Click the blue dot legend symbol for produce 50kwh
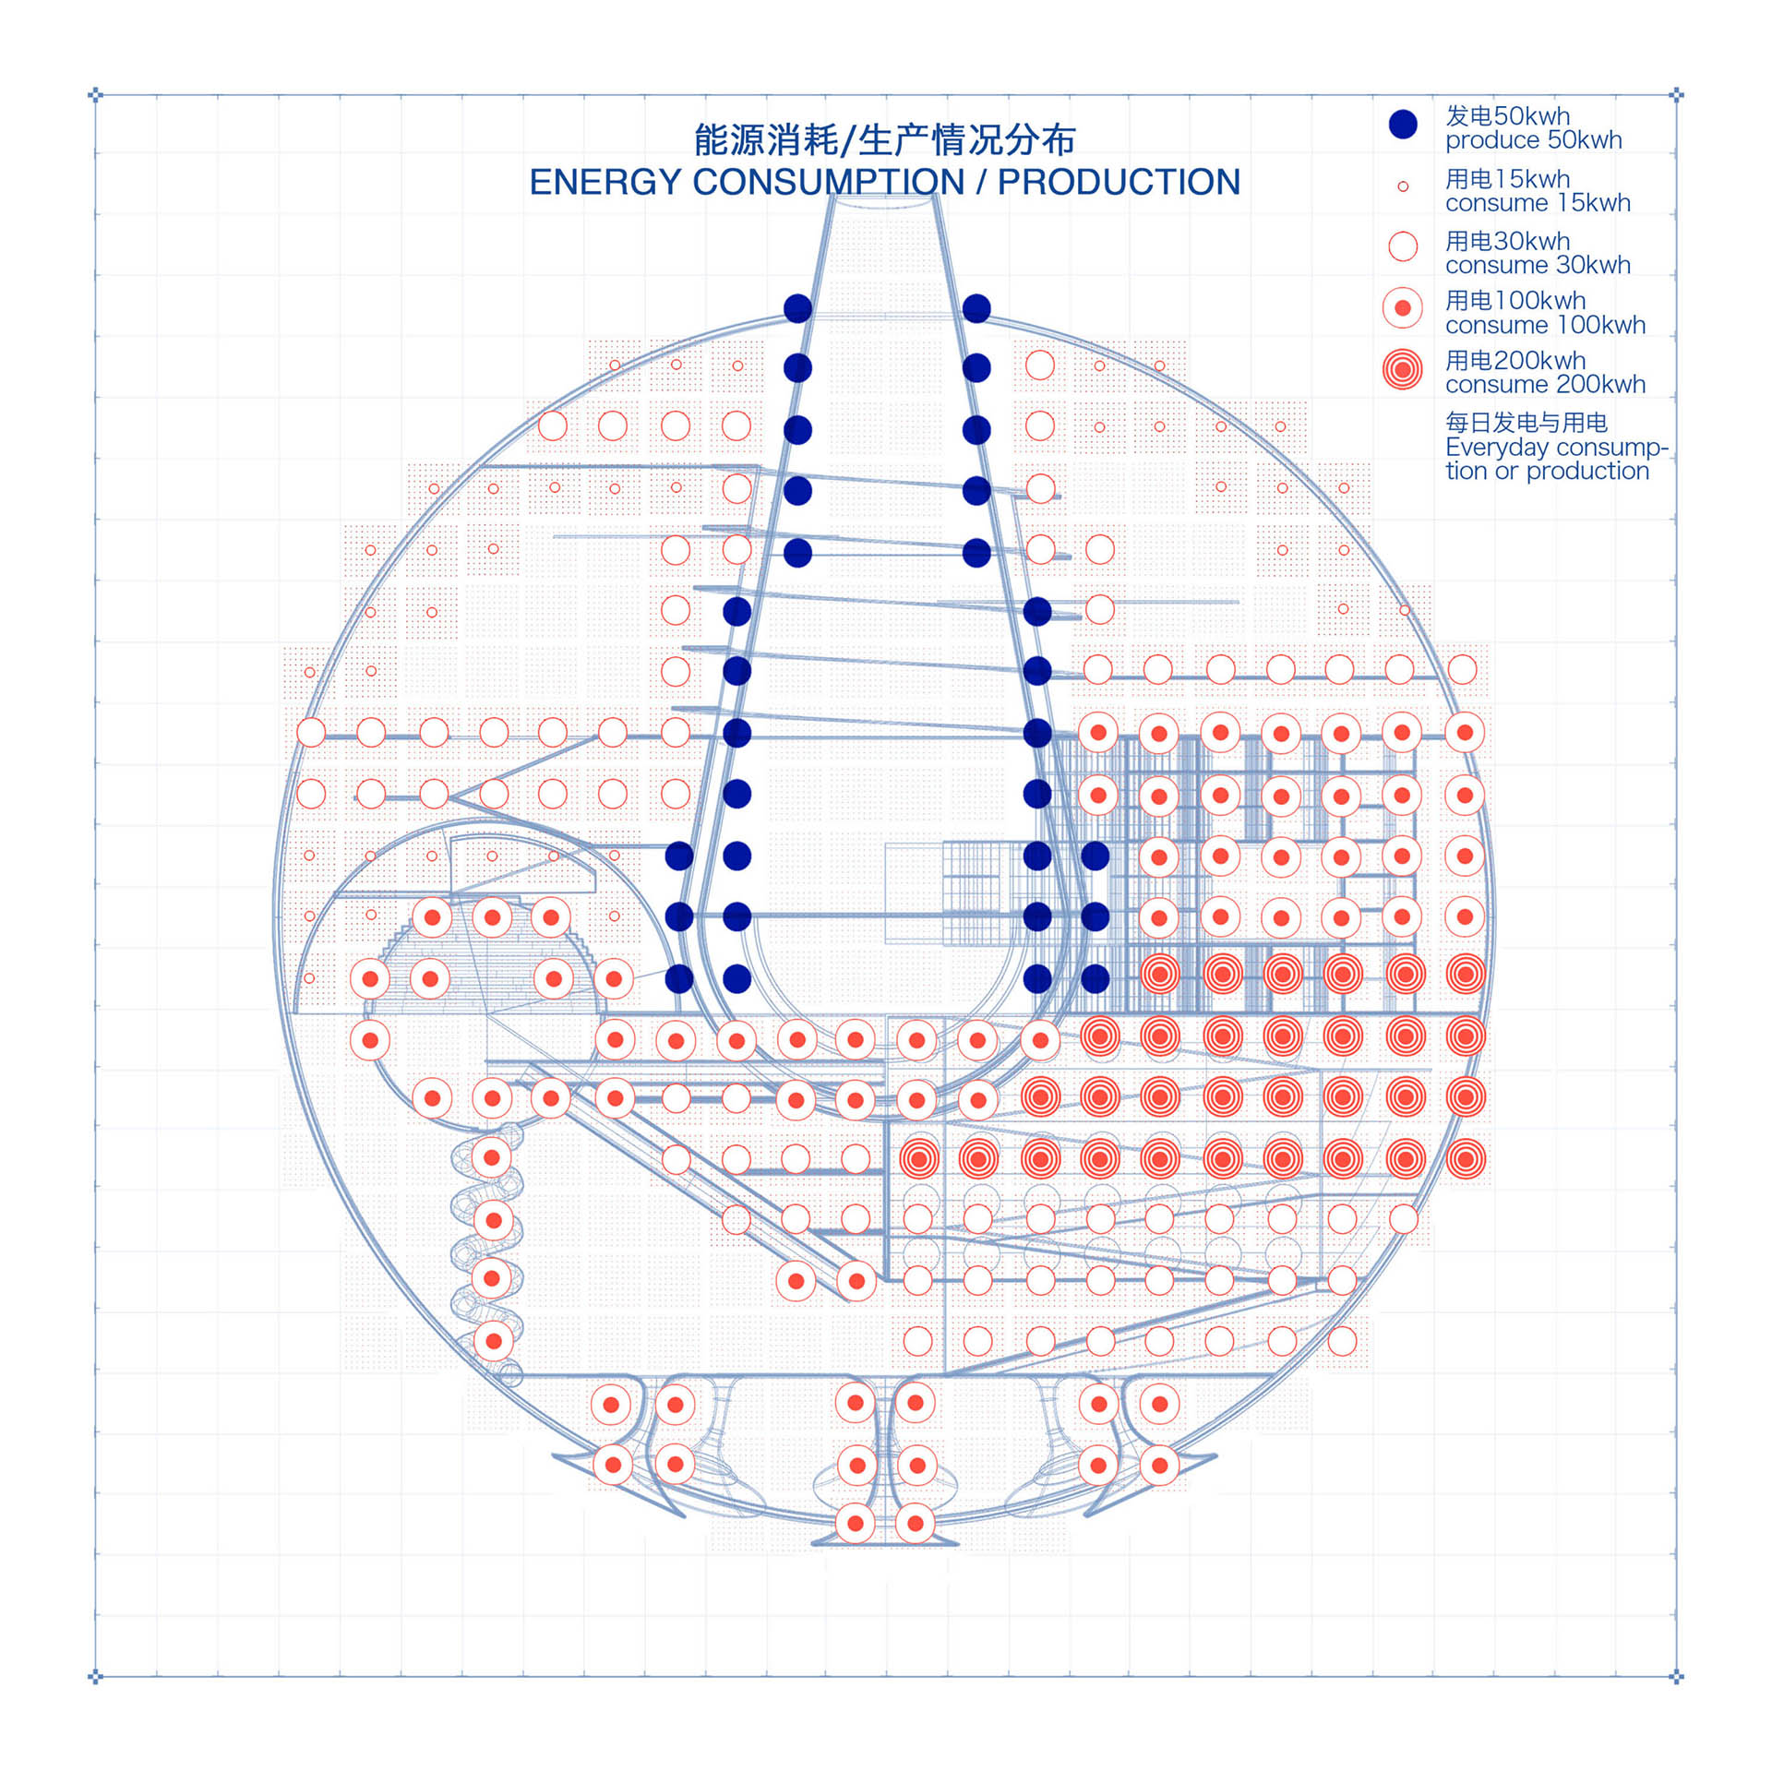pyautogui.click(x=1403, y=125)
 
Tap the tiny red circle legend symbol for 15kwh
pyautogui.click(x=1403, y=186)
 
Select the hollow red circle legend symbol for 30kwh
pyautogui.click(x=1403, y=246)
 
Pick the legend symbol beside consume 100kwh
pyautogui.click(x=1403, y=307)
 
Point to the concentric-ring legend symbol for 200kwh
pyautogui.click(x=1403, y=370)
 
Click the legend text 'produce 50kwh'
pyautogui.click(x=1533, y=140)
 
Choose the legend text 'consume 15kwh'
pyautogui.click(x=1538, y=203)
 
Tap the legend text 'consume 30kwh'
pyautogui.click(x=1538, y=266)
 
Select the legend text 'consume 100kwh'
pyautogui.click(x=1545, y=325)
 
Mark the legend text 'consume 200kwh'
pyautogui.click(x=1545, y=385)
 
